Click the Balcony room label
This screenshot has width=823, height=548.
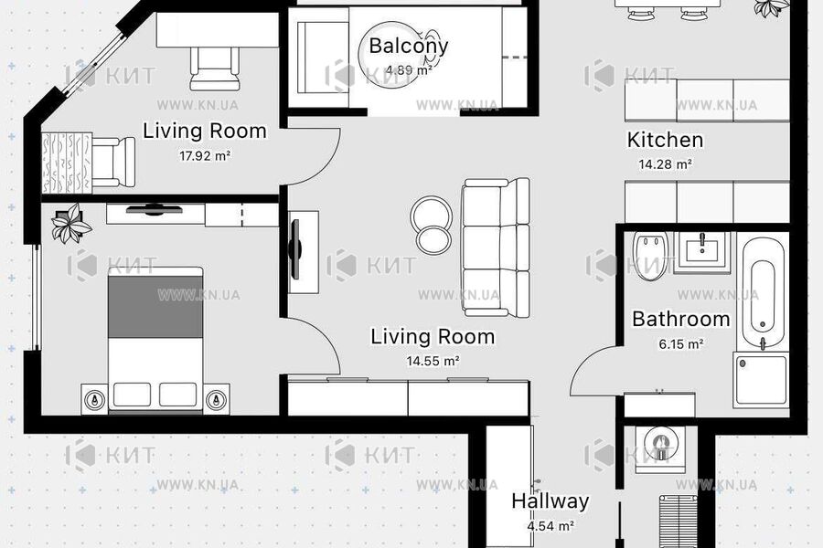(x=409, y=47)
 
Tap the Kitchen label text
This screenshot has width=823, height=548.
(x=665, y=140)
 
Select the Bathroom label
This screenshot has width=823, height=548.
(x=680, y=319)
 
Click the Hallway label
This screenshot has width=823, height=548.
(x=550, y=501)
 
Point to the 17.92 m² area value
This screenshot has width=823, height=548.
(x=205, y=156)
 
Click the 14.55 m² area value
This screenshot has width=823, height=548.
(x=433, y=361)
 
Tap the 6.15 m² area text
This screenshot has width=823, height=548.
(x=680, y=344)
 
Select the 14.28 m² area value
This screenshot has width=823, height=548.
(x=665, y=164)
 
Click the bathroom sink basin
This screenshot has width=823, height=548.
(x=701, y=252)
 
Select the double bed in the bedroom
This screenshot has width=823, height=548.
(x=155, y=341)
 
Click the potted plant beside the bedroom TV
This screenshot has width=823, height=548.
(x=71, y=224)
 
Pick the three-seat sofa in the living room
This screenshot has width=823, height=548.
(x=497, y=248)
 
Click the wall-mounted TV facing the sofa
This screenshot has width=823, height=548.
(x=296, y=249)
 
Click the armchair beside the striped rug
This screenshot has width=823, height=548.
(x=112, y=162)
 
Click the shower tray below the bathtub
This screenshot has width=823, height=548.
(x=761, y=380)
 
